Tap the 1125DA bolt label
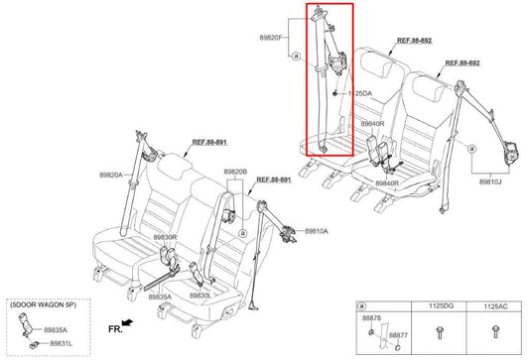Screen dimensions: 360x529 point(358,94)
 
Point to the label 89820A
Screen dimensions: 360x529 point(111,176)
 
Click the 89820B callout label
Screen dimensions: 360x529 point(235,172)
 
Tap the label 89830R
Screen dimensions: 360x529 point(165,238)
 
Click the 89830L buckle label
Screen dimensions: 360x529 point(201,297)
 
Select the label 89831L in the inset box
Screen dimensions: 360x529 point(58,342)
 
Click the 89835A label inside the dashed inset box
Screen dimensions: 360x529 point(58,329)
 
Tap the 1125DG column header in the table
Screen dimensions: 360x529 point(440,307)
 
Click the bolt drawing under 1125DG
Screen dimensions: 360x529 point(440,333)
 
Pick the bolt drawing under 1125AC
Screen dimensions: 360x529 point(492,333)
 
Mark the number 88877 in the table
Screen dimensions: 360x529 point(397,336)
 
